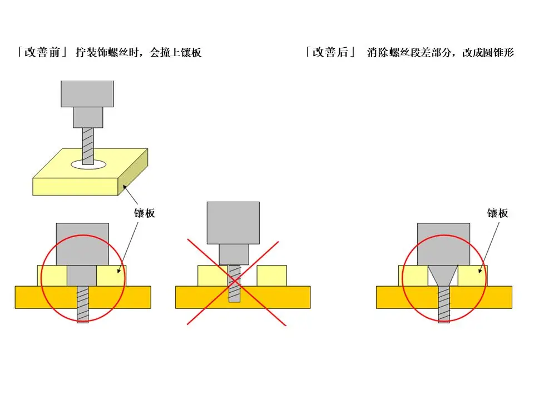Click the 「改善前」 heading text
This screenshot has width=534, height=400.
pyautogui.click(x=42, y=53)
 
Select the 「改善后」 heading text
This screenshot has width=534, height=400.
pyautogui.click(x=331, y=53)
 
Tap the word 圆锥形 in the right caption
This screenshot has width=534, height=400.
pyautogui.click(x=500, y=53)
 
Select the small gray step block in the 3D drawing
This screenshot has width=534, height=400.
pyautogui.click(x=88, y=117)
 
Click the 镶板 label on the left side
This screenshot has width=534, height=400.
pyautogui.click(x=145, y=213)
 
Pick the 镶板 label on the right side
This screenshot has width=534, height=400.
pyautogui.click(x=498, y=213)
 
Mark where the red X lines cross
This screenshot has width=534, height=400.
pyautogui.click(x=235, y=282)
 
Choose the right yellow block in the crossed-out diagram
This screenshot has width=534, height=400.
pyautogui.click(x=271, y=276)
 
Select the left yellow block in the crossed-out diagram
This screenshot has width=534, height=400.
pyautogui.click(x=211, y=276)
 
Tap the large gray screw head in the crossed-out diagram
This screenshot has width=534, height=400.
pyautogui.click(x=233, y=222)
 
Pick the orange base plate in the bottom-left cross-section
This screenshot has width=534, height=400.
pyautogui.click(x=33, y=297)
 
